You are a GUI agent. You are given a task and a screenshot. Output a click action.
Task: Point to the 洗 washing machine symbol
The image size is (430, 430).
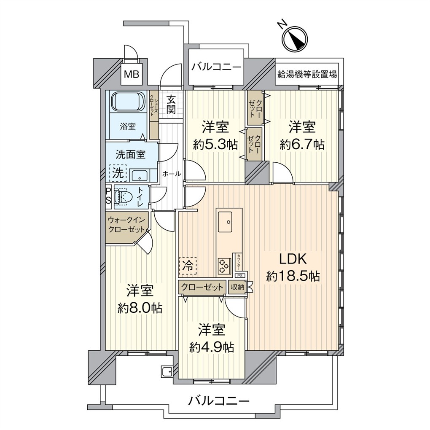coord(118,172)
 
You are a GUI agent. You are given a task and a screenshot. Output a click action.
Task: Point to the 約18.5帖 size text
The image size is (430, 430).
coord(293,277)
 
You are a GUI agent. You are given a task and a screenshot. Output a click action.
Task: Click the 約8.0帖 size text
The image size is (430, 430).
coord(140,308)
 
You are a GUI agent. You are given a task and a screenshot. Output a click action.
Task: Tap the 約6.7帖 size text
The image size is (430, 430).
coord(302,145)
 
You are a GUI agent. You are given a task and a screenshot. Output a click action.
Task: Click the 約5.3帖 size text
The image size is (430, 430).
coord(215,145)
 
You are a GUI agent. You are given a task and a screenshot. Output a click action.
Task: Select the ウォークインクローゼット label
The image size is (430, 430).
coord(126,225)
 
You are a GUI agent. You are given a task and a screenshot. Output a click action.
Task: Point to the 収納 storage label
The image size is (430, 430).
coord(237,288)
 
